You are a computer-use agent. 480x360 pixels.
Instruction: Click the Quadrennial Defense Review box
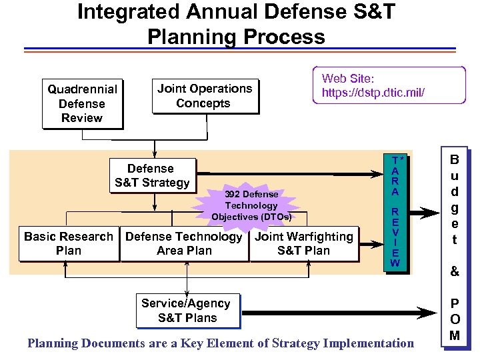pyautogui.click(x=81, y=104)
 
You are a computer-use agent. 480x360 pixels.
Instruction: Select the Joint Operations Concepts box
pyautogui.click(x=204, y=97)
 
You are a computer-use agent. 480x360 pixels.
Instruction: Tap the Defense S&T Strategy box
pyautogui.click(x=152, y=176)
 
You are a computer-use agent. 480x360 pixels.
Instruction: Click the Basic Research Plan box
pyautogui.click(x=69, y=244)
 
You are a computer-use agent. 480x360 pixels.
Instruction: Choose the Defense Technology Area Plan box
pyautogui.click(x=184, y=244)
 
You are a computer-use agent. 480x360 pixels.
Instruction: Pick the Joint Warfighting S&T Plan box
pyautogui.click(x=304, y=244)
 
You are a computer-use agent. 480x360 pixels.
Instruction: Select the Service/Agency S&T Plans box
pyautogui.click(x=187, y=311)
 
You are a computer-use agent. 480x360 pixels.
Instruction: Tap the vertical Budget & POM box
pyautogui.click(x=455, y=247)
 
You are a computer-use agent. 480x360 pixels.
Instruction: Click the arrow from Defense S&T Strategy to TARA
pyautogui.click(x=287, y=175)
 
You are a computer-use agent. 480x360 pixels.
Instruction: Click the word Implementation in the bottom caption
pyautogui.click(x=368, y=343)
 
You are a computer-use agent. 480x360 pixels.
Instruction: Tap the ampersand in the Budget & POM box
pyautogui.click(x=455, y=272)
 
